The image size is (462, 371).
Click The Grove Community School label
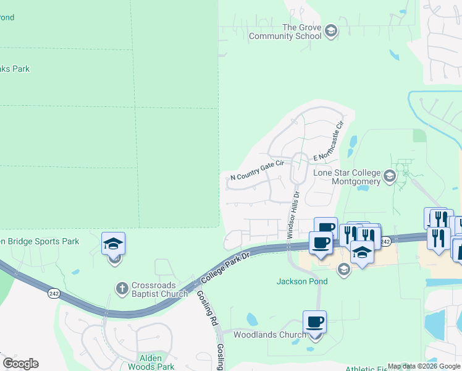tap(285, 32)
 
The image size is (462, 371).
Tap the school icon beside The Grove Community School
tap(330, 32)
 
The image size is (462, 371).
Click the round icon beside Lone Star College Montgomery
tap(389, 177)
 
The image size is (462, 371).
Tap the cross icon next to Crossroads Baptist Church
tap(122, 288)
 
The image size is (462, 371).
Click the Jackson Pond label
tap(301, 281)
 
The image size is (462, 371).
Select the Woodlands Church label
tap(269, 335)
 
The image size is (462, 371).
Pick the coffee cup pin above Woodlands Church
tap(314, 322)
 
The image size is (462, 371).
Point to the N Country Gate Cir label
tap(256, 170)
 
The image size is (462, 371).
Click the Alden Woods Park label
tap(150, 362)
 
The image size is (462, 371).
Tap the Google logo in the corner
tap(20, 364)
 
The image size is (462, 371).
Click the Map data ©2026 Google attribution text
tap(424, 367)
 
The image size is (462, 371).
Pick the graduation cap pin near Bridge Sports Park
tap(114, 244)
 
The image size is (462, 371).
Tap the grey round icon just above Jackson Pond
tap(343, 270)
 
